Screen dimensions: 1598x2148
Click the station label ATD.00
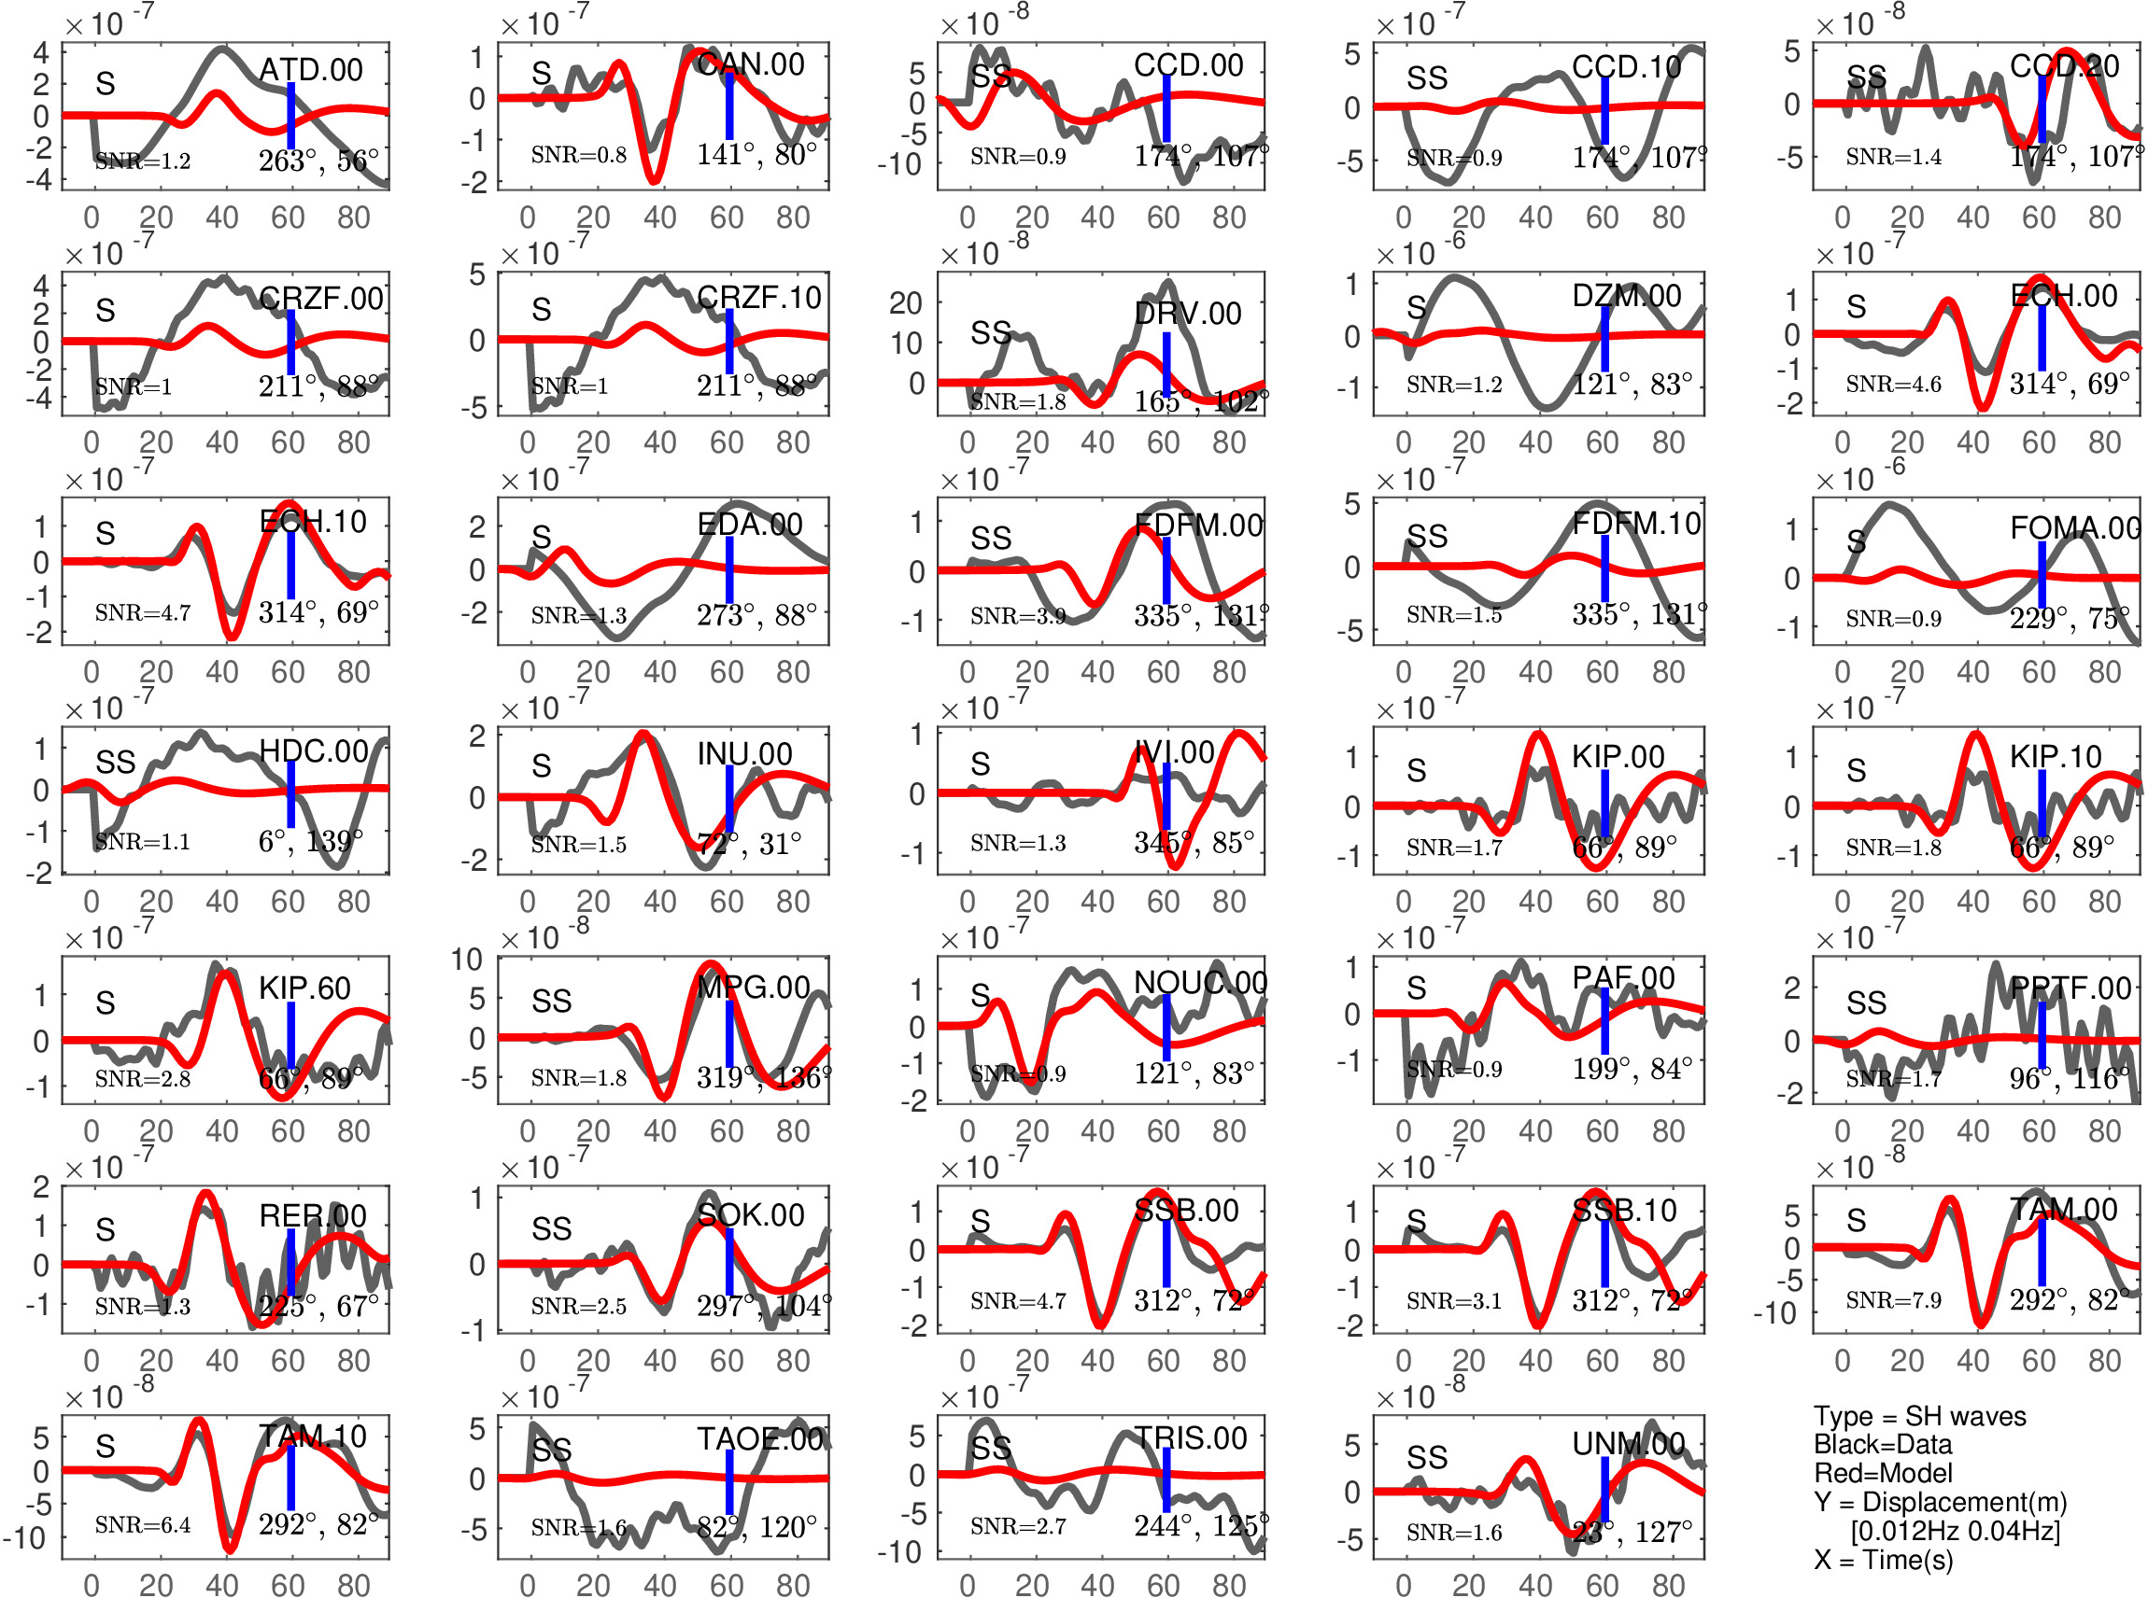pyautogui.click(x=311, y=70)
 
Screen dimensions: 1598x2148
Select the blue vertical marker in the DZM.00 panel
pyautogui.click(x=1604, y=338)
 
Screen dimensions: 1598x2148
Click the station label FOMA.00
pyautogui.click(x=2074, y=528)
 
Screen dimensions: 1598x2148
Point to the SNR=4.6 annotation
pyautogui.click(x=1892, y=384)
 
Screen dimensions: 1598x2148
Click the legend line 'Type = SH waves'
pyautogui.click(x=1918, y=1416)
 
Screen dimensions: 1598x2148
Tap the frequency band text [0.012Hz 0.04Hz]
pyautogui.click(x=1955, y=1530)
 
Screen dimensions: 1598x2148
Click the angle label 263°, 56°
pyautogui.click(x=318, y=161)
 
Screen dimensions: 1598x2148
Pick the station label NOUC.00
pyautogui.click(x=1200, y=983)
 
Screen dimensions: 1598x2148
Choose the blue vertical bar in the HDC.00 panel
pyautogui.click(x=290, y=794)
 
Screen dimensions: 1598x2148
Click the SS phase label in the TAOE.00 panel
pyautogui.click(x=552, y=1450)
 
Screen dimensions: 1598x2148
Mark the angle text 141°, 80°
pyautogui.click(x=756, y=155)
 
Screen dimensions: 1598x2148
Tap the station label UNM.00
pyautogui.click(x=1628, y=1444)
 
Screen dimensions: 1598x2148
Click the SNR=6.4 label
pyautogui.click(x=142, y=1525)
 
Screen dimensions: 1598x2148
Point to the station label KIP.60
pyautogui.click(x=304, y=988)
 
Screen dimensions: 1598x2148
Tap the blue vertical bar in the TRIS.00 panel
pyautogui.click(x=1166, y=1480)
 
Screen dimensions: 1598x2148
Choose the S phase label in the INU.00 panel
pyautogui.click(x=541, y=766)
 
